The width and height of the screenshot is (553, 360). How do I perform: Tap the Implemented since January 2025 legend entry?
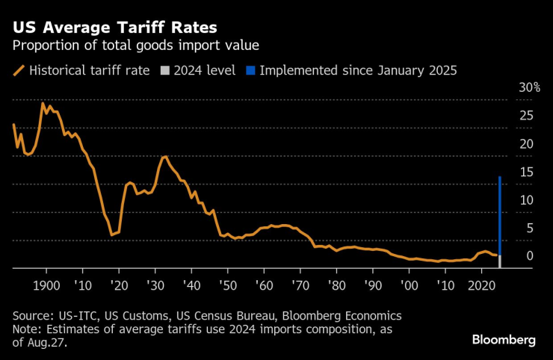point(357,71)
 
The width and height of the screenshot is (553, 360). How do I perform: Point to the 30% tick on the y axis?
point(529,87)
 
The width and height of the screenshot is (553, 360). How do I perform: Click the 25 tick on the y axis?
point(526,116)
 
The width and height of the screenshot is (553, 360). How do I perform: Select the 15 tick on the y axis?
point(526,172)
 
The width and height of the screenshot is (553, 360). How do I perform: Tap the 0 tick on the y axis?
point(529,256)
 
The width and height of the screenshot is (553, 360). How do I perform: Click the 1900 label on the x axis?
point(46,285)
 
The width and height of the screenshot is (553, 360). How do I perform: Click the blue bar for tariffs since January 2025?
point(499,217)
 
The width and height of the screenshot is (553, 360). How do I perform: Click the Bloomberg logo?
point(504,340)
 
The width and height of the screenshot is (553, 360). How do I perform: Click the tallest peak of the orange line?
point(43,103)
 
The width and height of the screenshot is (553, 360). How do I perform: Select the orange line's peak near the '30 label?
point(164,157)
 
